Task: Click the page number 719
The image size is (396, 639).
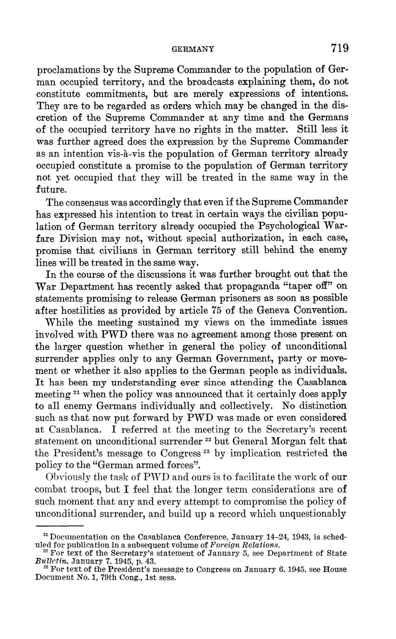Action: pyautogui.click(x=339, y=48)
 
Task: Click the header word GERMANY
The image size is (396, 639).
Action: pyautogui.click(x=192, y=49)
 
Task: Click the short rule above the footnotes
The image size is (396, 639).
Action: pyautogui.click(x=59, y=526)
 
